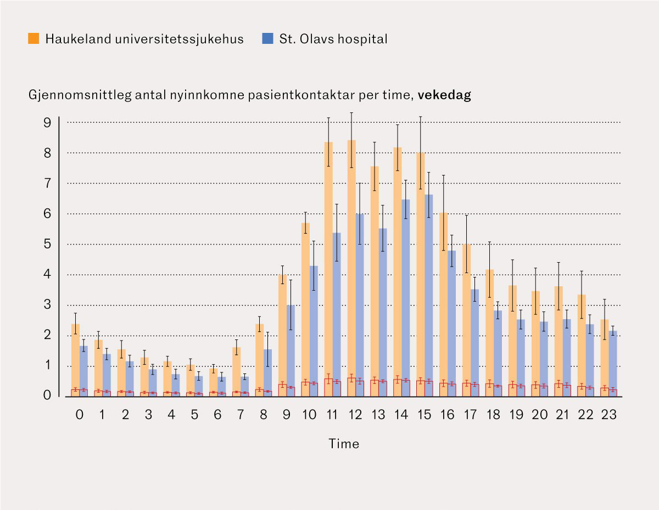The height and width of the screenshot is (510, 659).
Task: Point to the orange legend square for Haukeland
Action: pos(33,39)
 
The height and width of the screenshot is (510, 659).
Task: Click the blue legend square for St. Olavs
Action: pos(267,39)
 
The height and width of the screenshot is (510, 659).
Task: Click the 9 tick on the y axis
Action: pos(47,122)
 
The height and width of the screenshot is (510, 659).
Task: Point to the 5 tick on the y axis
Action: pos(47,244)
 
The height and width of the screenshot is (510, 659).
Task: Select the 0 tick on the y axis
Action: pos(47,396)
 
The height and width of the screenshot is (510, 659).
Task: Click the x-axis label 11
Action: pos(332,415)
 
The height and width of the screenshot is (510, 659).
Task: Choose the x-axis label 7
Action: pos(240,415)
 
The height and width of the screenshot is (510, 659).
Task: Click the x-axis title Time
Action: pos(344,444)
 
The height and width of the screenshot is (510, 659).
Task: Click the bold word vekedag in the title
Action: pos(444,95)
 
